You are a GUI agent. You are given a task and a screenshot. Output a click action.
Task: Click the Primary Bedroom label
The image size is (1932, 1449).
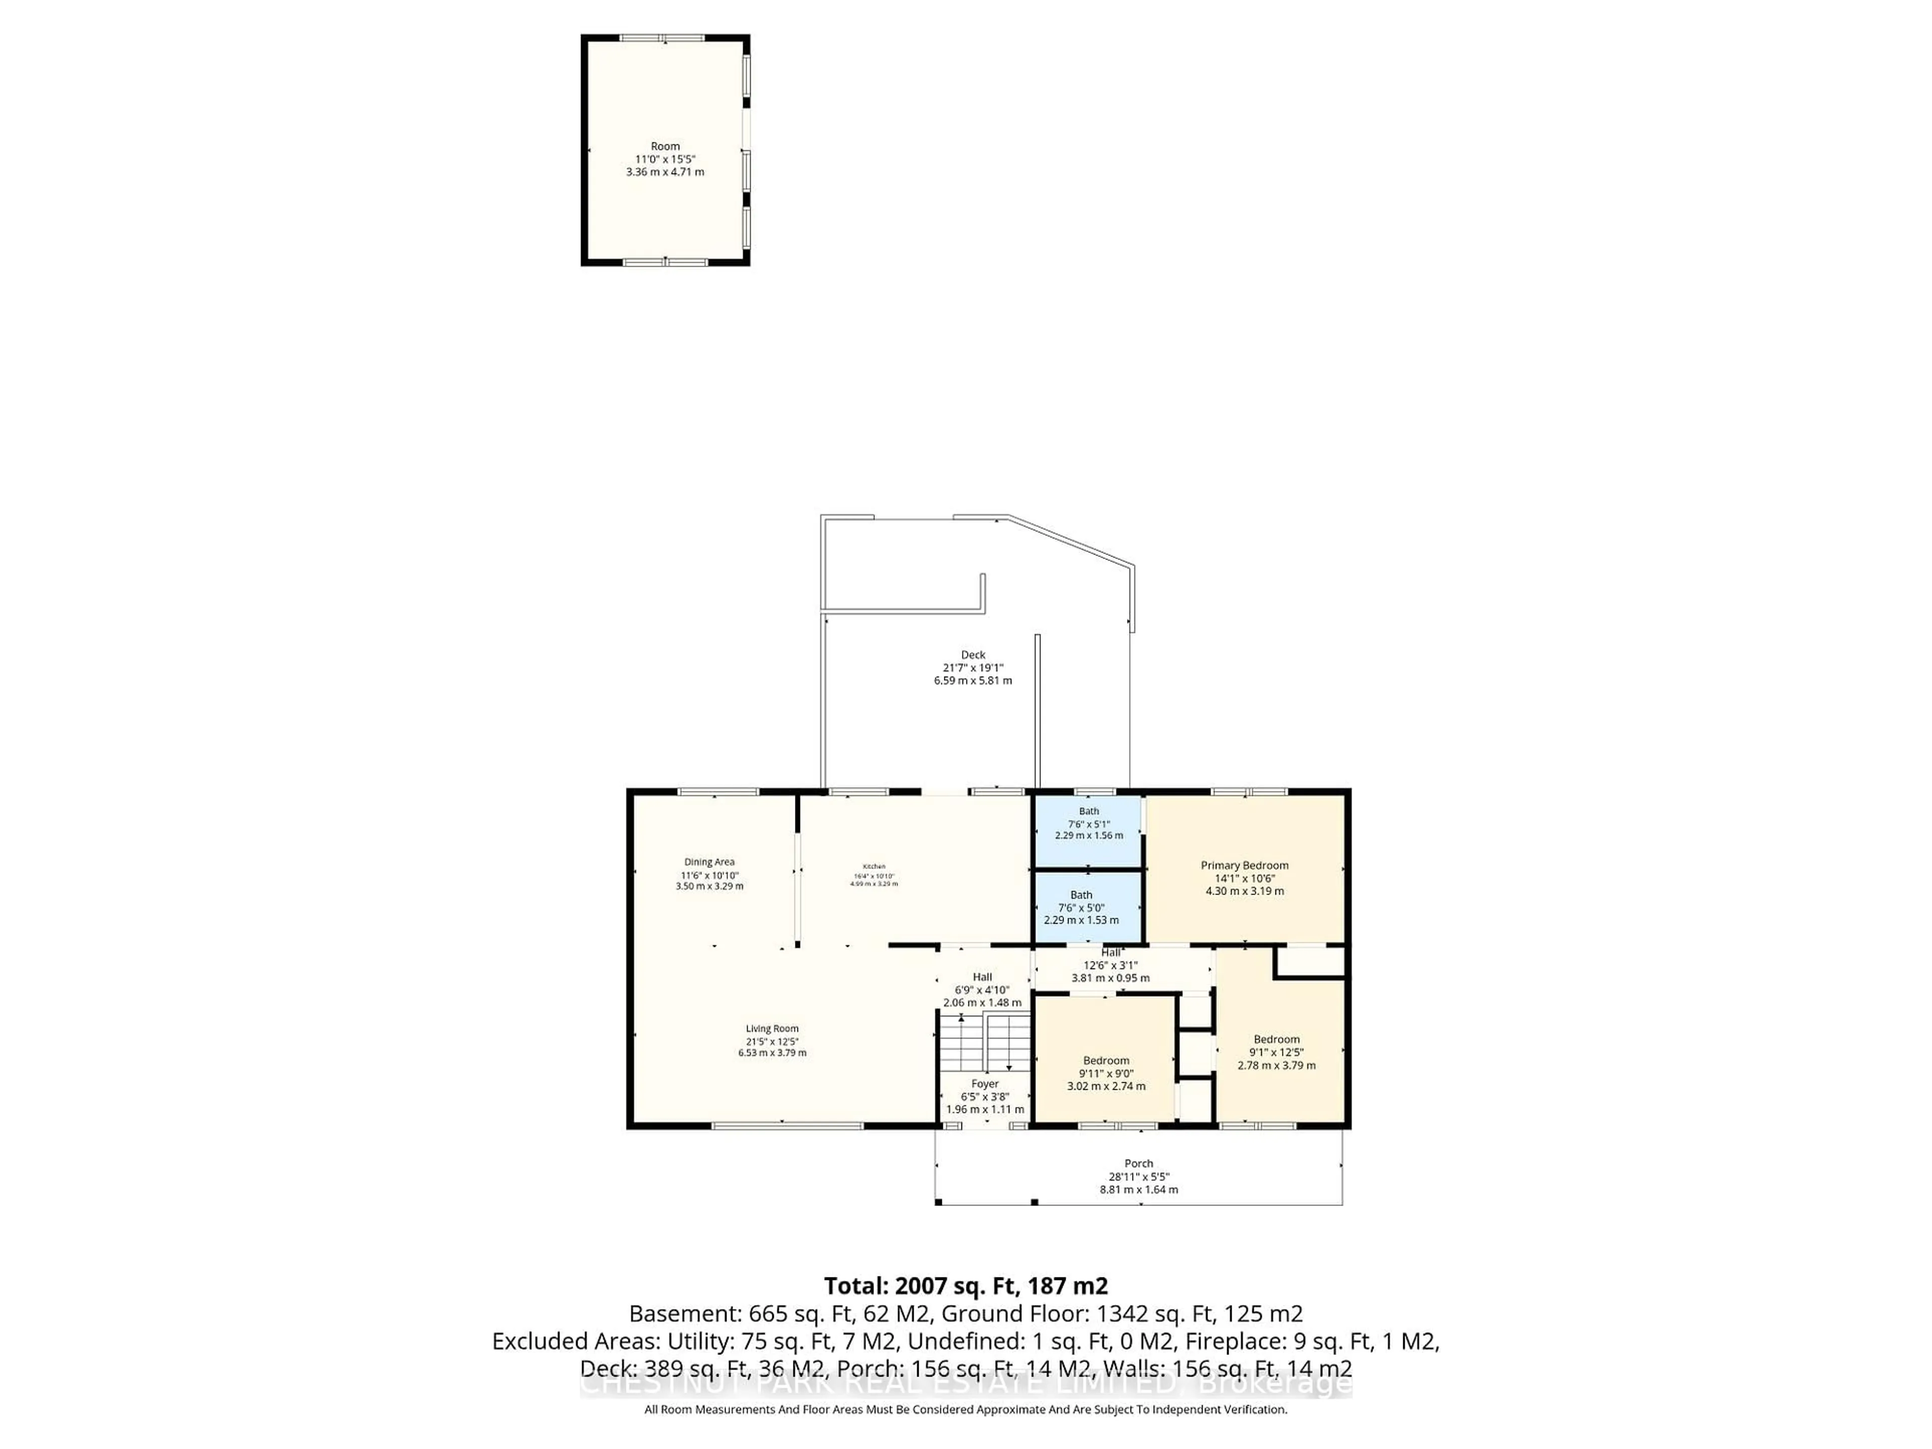point(1244,865)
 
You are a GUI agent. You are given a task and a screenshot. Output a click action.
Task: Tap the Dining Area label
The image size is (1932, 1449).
point(709,862)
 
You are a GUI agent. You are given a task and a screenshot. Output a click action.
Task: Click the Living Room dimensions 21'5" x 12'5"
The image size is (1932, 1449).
point(772,1041)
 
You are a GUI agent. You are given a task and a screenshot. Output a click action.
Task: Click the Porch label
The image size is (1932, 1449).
point(1138,1163)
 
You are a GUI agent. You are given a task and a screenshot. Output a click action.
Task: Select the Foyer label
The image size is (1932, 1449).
point(985,1084)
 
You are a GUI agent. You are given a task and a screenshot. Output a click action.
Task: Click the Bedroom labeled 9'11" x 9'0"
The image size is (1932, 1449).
point(1106,1073)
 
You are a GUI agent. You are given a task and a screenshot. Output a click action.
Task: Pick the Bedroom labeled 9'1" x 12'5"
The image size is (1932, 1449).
point(1276,1052)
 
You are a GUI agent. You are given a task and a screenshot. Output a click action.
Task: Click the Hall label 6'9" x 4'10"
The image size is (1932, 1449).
point(982,990)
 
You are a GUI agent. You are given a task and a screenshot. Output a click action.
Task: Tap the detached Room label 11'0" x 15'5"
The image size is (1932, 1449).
point(665,159)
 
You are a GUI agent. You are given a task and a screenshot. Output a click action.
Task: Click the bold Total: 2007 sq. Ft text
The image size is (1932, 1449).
point(965,1285)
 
